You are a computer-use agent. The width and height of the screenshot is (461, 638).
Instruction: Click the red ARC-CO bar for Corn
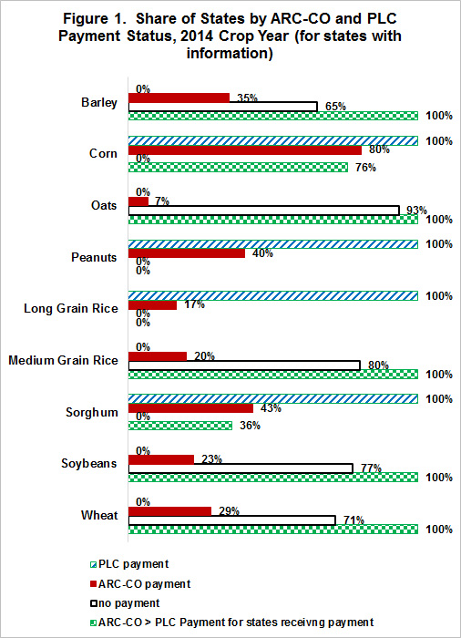click(245, 150)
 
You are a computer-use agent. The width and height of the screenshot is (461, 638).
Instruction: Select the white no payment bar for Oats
click(264, 211)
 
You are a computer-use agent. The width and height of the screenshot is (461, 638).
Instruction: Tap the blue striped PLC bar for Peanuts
click(273, 244)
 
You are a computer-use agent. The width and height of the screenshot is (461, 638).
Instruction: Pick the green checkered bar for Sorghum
click(180, 426)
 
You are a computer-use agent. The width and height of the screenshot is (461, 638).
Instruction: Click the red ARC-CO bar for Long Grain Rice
click(152, 304)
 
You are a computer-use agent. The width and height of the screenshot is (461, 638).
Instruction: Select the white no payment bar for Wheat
click(232, 520)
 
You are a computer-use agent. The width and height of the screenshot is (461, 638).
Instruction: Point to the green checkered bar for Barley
click(273, 116)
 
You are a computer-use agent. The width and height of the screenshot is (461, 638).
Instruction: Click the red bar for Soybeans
click(161, 459)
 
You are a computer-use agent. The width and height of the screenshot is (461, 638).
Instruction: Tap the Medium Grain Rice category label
click(63, 361)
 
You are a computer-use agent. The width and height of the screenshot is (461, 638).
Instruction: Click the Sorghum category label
click(92, 412)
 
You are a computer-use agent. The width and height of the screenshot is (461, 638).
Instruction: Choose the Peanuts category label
click(94, 257)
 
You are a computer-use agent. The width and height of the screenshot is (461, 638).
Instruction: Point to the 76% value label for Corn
click(365, 167)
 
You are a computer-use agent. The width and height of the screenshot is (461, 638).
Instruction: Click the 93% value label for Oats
click(416, 211)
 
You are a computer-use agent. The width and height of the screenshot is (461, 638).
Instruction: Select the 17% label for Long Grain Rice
click(194, 304)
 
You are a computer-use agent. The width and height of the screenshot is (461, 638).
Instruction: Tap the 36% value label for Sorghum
click(250, 426)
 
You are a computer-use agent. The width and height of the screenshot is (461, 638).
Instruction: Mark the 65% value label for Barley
click(335, 107)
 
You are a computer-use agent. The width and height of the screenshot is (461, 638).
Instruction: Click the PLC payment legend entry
click(129, 564)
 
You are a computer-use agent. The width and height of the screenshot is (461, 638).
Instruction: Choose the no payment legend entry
click(125, 603)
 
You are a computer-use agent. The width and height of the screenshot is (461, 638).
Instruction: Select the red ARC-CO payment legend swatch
click(93, 584)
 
